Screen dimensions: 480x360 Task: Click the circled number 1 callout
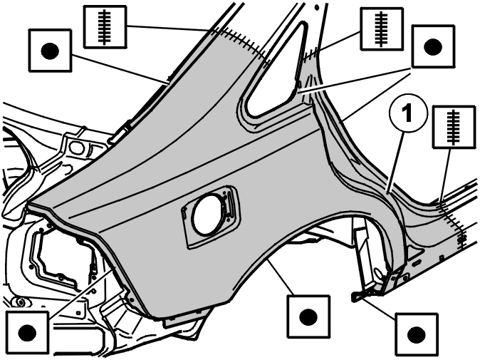408,113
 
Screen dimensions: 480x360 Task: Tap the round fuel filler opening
207,215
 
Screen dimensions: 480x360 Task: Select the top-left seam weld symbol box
105,27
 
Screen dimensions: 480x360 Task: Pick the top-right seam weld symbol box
382,29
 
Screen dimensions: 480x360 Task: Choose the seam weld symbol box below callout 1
454,127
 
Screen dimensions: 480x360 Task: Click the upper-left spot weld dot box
50,51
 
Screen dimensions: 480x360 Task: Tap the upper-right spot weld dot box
433,47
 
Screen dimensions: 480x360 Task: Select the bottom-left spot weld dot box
27,332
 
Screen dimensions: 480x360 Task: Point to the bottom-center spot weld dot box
308,317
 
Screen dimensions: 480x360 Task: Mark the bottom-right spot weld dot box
417,334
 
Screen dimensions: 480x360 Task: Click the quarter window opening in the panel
273,71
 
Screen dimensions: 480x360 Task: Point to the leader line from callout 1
395,163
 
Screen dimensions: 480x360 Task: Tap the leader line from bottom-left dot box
80,291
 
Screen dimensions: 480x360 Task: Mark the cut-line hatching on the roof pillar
242,43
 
